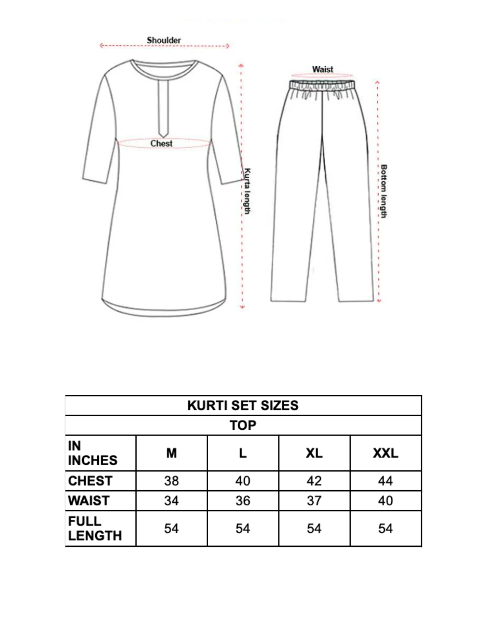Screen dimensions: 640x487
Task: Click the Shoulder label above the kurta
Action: [x=163, y=40]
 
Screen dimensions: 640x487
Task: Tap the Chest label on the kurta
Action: [x=161, y=143]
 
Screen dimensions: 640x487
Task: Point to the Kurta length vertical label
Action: [x=248, y=190]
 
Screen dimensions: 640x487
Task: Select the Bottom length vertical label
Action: [x=384, y=191]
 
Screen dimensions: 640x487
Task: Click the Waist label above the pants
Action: [x=323, y=69]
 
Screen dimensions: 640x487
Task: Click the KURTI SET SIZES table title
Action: [x=243, y=405]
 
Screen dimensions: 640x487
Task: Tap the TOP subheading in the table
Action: [x=243, y=426]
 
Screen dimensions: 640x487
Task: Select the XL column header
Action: [x=314, y=453]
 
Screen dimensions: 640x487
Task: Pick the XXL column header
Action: [x=386, y=453]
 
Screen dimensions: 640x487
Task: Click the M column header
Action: [x=172, y=453]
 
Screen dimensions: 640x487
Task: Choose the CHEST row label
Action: [x=89, y=481]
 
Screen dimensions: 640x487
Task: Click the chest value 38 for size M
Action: [x=172, y=481]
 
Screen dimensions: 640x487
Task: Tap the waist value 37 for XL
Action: [x=314, y=501]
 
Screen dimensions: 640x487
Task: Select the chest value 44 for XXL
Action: [x=386, y=481]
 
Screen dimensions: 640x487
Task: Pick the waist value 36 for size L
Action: [x=243, y=501]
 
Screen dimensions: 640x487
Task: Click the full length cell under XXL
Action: [x=386, y=529]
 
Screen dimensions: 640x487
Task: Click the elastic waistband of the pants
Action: [x=323, y=84]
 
